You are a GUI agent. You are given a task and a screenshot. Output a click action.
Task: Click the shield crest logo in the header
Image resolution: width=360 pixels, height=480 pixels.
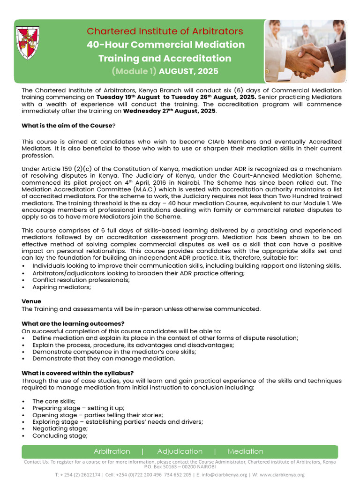tap(28, 43)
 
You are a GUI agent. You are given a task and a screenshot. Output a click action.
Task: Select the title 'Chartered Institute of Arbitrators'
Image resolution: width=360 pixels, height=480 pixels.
tap(165, 31)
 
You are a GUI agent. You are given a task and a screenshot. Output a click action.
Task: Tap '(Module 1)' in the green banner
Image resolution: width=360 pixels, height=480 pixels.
tap(134, 71)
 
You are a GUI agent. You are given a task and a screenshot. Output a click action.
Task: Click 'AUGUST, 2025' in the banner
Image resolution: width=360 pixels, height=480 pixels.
tap(188, 71)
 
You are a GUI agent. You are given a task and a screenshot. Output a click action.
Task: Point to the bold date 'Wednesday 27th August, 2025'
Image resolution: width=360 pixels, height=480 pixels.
tap(169, 111)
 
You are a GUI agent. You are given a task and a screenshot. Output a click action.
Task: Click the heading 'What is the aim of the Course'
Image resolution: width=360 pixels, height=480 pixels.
tap(67, 126)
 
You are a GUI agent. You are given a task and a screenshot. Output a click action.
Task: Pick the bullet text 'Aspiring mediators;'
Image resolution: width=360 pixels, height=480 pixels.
tap(61, 287)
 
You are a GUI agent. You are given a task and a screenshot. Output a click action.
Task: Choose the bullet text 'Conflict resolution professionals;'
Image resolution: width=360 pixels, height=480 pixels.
tap(81, 280)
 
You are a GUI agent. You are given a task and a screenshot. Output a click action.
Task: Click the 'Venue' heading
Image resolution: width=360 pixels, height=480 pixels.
tap(31, 301)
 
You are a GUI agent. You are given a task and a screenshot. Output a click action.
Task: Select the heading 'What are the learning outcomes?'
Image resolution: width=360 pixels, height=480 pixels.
tap(73, 323)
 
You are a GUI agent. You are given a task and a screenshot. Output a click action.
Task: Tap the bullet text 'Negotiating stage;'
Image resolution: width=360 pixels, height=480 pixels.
tap(60, 428)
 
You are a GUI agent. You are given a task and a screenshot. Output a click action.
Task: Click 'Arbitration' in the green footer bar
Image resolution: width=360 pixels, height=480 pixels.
tap(112, 451)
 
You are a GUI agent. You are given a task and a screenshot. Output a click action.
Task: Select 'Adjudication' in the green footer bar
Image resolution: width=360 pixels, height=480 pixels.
tap(180, 451)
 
